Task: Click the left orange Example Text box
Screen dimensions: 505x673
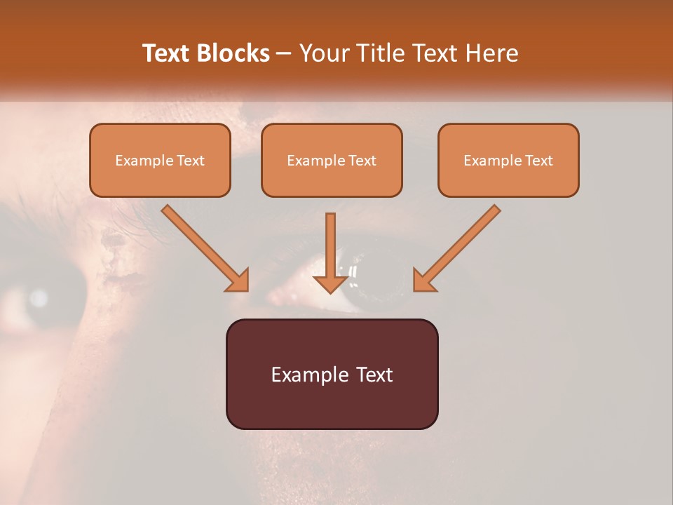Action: click(160, 160)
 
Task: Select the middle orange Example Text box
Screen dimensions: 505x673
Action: click(332, 160)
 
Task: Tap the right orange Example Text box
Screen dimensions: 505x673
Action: click(508, 160)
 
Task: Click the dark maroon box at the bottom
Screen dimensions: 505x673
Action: click(332, 374)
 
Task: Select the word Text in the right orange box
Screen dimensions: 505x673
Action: click(538, 161)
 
